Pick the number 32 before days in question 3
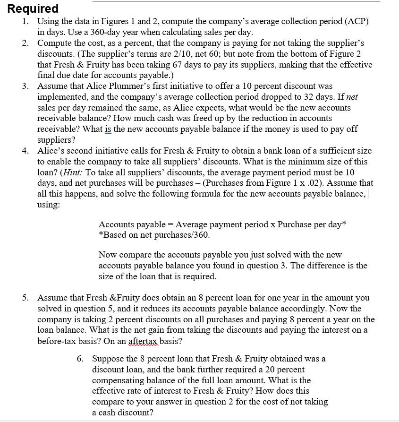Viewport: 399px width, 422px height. click(x=294, y=97)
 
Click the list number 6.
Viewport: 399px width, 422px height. click(x=81, y=359)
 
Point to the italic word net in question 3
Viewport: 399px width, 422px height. click(x=352, y=97)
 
